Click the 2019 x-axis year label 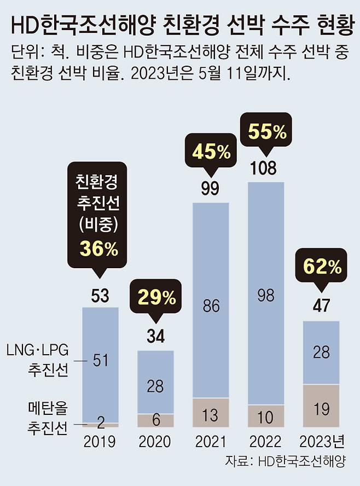(x=100, y=441)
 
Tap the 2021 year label (x=211, y=441)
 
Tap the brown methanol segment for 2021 (x=211, y=413)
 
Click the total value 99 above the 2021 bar (x=210, y=189)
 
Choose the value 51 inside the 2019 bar (x=100, y=360)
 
